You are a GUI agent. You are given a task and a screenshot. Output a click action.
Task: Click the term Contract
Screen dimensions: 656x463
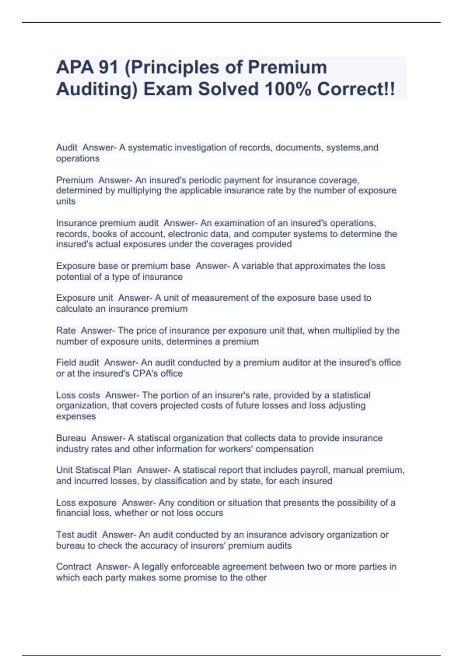coord(73,567)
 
